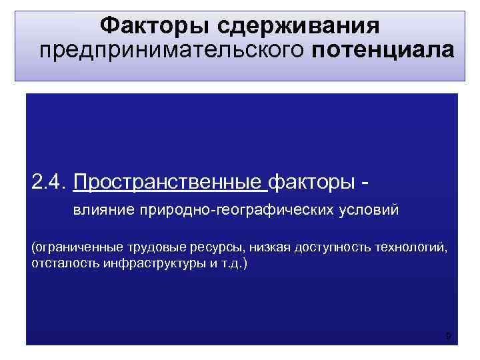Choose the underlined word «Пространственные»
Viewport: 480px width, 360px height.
(169, 181)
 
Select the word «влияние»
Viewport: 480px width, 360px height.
(104, 211)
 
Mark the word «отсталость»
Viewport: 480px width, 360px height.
(60, 263)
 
